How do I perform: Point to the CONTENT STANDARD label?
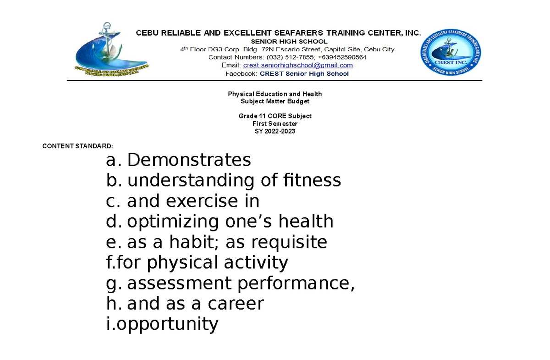77,146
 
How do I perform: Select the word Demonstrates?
189,160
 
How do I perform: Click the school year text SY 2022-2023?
275,131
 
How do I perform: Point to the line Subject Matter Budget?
275,101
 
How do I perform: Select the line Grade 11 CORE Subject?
275,116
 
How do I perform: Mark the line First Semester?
275,124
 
